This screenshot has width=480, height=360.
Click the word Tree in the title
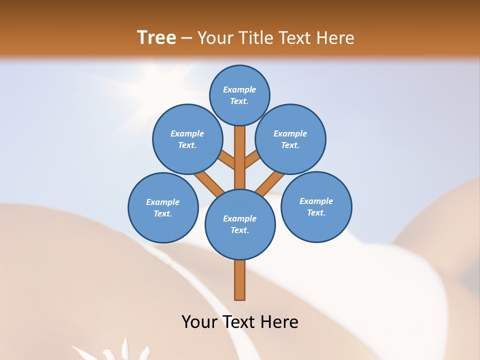[156, 37]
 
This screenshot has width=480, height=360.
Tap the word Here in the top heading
[336, 37]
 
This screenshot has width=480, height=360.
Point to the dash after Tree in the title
[186, 38]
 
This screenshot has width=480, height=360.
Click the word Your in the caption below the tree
[199, 321]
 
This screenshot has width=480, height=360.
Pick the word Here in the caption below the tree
[279, 321]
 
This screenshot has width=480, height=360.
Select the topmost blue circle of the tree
[239, 95]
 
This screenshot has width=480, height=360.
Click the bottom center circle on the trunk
[240, 224]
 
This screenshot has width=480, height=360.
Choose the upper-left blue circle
[187, 139]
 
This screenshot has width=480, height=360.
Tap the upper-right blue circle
[290, 139]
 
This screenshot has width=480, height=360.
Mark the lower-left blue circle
[163, 207]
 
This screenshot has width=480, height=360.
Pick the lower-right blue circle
[316, 206]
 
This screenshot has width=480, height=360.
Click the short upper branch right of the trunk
[252, 159]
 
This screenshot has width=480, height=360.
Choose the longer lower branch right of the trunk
[270, 182]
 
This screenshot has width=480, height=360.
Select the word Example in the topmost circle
[239, 89]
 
